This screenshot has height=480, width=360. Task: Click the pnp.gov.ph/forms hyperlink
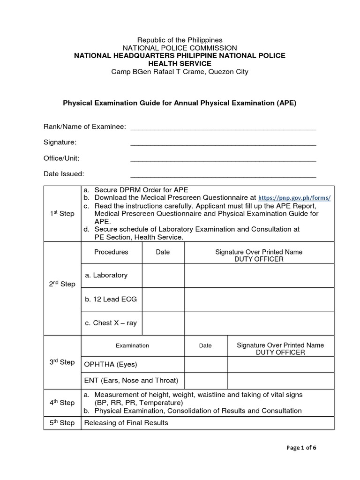click(x=294, y=198)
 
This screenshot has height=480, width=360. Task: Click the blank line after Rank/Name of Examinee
click(x=223, y=128)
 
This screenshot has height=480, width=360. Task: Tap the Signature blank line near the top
click(x=223, y=143)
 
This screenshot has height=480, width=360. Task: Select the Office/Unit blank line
click(x=223, y=159)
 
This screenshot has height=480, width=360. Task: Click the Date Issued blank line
click(x=223, y=175)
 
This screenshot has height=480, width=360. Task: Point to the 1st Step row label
click(x=62, y=214)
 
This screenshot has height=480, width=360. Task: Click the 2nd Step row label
click(x=62, y=284)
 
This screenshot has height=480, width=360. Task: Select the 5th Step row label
click(x=62, y=423)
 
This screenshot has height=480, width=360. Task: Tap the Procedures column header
click(x=111, y=252)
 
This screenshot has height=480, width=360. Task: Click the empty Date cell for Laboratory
click(x=163, y=276)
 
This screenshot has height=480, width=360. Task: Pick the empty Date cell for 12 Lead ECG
click(x=163, y=299)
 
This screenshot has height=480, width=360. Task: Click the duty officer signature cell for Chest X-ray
click(x=259, y=323)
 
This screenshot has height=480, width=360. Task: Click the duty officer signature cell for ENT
click(x=280, y=380)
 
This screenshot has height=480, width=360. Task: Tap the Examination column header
click(x=132, y=346)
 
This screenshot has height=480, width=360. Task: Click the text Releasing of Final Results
click(x=126, y=423)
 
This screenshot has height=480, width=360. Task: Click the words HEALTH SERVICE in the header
click(x=180, y=64)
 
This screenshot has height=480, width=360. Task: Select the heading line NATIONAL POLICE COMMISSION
click(x=180, y=48)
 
